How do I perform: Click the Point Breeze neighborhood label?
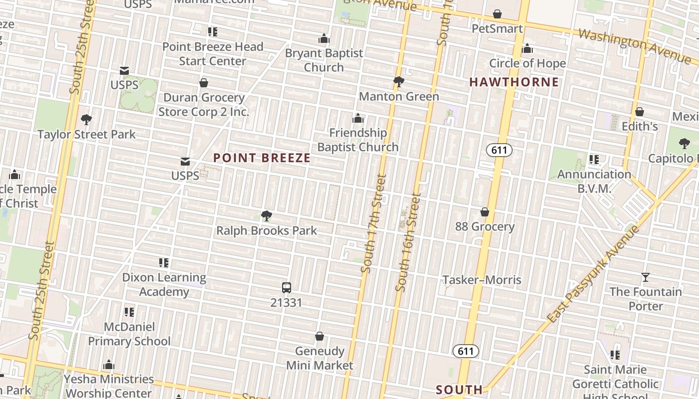click(x=262, y=158)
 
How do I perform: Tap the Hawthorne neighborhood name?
click(x=514, y=82)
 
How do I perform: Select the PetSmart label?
click(x=497, y=28)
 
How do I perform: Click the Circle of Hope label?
click(x=527, y=63)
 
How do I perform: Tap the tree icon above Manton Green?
click(x=398, y=82)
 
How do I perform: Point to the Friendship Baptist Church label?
click(x=358, y=140)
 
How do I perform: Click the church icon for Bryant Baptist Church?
click(x=324, y=38)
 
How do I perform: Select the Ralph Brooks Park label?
click(x=267, y=230)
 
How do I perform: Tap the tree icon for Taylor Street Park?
click(x=86, y=120)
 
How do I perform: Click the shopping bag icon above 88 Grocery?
click(x=484, y=212)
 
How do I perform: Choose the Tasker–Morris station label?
click(x=482, y=280)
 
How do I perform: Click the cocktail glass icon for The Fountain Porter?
click(x=646, y=277)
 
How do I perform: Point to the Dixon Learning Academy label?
click(x=164, y=284)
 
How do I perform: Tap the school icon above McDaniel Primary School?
click(x=129, y=312)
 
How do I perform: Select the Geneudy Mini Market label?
click(x=320, y=358)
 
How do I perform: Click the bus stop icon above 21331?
click(x=286, y=288)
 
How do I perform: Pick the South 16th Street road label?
click(x=408, y=242)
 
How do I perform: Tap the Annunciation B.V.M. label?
click(x=594, y=181)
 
